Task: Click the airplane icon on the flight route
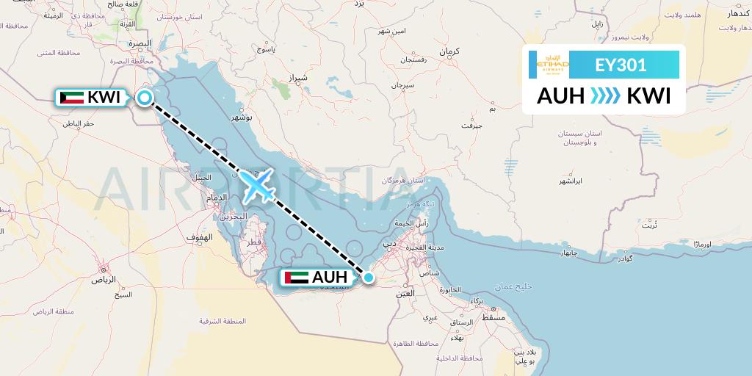(x=256, y=184)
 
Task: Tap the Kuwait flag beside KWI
(x=71, y=97)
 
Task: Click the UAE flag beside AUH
(x=295, y=278)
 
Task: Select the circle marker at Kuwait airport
(x=145, y=97)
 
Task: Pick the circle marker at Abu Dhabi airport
(x=369, y=278)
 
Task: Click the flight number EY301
(x=621, y=65)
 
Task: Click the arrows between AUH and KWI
(x=605, y=96)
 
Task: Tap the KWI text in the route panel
(x=648, y=96)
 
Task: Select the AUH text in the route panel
(x=560, y=96)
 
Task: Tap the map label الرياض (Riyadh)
(x=104, y=280)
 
